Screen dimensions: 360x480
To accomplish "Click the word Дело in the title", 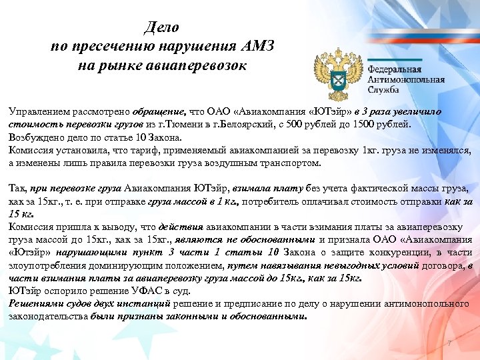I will pos(162,28).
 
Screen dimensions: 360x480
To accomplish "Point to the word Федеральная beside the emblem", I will pos(395,69).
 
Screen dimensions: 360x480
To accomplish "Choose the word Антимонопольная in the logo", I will pos(406,79).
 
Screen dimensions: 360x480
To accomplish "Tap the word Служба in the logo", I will pos(384,89).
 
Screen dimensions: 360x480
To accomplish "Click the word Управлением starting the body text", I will pos(39,111).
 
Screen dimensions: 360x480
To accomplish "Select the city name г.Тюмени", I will pos(164,124).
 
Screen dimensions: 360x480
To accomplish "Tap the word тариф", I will pos(145,150).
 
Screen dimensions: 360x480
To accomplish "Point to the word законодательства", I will pos(49,317).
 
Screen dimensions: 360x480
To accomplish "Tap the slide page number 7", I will pos(451,344).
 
